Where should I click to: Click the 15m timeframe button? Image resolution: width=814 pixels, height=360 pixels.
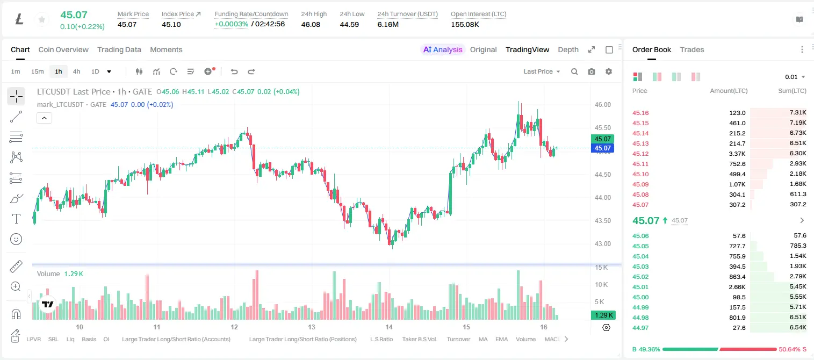(x=37, y=71)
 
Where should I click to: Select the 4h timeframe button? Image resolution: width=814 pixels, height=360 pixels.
(x=76, y=71)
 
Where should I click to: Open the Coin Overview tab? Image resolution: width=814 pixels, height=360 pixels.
(x=63, y=49)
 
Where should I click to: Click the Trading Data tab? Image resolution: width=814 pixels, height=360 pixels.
(x=119, y=49)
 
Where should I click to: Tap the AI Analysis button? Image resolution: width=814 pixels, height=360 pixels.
(x=443, y=49)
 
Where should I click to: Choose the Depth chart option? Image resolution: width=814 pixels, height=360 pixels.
(x=568, y=49)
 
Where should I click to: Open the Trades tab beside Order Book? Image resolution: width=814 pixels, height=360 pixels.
(x=692, y=49)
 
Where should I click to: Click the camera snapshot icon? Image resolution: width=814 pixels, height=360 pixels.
(x=591, y=71)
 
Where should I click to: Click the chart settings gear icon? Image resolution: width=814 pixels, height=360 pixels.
(x=609, y=71)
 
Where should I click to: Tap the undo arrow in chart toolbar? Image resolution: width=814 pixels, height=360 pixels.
(x=234, y=71)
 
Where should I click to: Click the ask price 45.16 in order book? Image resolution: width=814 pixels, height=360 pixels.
(x=640, y=113)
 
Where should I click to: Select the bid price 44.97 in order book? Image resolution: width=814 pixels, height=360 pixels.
(x=640, y=328)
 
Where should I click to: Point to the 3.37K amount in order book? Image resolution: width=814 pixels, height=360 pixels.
(x=737, y=154)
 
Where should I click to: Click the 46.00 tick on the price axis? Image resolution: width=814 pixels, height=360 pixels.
(x=602, y=105)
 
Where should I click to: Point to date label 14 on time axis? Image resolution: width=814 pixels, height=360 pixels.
(x=389, y=327)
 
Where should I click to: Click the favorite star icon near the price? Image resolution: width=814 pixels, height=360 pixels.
(x=42, y=19)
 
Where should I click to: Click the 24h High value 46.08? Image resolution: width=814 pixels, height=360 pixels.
(x=311, y=24)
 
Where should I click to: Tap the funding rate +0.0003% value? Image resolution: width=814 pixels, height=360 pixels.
(x=231, y=24)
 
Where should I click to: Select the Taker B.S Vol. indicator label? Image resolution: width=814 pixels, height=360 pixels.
(x=419, y=339)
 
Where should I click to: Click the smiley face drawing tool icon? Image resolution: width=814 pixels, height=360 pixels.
(x=16, y=239)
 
